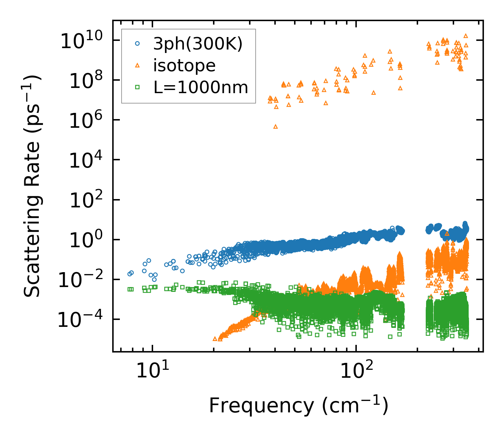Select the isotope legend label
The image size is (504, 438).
(x=184, y=65)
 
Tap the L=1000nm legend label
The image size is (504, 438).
(x=201, y=88)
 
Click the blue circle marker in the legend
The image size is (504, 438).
(x=138, y=44)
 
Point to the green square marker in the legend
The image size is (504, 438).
(x=138, y=87)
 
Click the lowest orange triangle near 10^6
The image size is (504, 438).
(x=275, y=127)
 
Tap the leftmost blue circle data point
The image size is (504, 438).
(x=130, y=274)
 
